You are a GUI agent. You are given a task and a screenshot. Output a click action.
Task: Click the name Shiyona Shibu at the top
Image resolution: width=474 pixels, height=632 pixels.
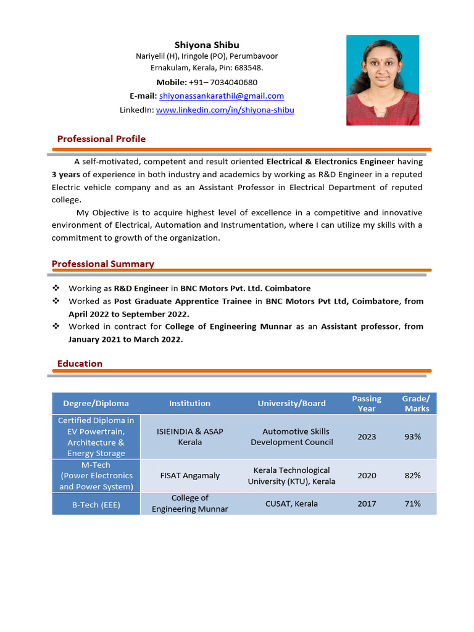point(207,45)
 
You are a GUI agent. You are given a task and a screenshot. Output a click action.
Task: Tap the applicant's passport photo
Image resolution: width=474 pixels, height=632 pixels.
point(383,80)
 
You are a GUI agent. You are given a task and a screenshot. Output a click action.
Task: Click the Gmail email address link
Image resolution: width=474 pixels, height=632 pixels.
point(222,96)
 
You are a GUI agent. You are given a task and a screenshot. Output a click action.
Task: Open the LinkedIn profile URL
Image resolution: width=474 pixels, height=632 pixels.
point(225,110)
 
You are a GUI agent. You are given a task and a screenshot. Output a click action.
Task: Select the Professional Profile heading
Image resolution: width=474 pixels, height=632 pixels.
point(101,139)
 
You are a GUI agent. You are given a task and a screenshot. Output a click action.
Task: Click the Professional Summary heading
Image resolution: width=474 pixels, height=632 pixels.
point(103,264)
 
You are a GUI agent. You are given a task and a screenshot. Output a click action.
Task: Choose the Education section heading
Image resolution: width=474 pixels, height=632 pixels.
point(80,364)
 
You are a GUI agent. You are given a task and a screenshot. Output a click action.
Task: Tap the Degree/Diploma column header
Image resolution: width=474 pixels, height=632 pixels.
point(96,403)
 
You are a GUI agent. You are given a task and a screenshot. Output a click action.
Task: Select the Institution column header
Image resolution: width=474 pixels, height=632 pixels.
point(189,403)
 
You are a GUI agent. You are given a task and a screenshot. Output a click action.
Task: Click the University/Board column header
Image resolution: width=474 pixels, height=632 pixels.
point(291,403)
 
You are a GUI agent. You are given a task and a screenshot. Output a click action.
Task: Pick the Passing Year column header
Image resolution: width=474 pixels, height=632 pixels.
point(367,403)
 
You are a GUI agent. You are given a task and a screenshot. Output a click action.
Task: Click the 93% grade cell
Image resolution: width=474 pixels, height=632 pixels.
point(412,436)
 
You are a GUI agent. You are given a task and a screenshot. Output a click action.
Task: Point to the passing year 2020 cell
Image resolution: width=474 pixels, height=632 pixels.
point(367,475)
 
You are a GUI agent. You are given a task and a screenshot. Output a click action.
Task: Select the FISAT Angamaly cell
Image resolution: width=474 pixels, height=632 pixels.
point(189,475)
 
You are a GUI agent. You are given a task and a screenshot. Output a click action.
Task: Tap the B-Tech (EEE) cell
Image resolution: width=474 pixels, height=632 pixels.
point(96,504)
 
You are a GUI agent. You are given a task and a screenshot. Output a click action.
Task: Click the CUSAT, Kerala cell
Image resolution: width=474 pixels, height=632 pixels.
point(291,504)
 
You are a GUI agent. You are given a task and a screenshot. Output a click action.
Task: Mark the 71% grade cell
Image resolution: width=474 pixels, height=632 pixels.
point(412,504)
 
